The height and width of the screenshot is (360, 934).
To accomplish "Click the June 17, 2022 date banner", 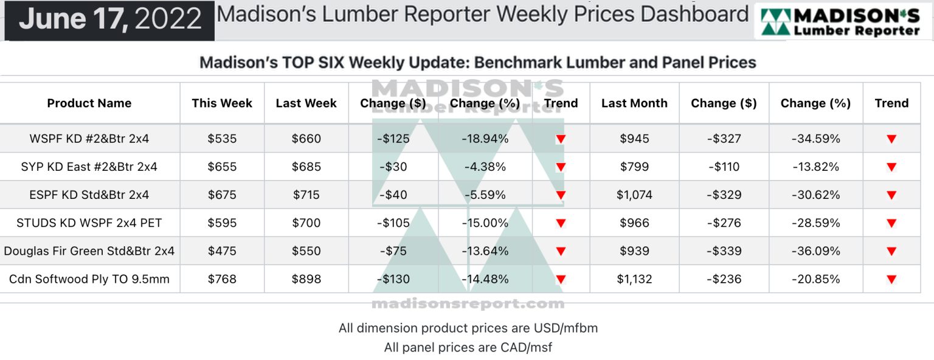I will (x=110, y=19).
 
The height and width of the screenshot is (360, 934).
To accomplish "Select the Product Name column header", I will (x=89, y=103).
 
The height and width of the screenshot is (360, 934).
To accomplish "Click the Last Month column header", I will (x=634, y=103).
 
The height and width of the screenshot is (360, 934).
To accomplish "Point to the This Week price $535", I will (x=222, y=139).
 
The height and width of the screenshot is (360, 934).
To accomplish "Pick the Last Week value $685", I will (x=306, y=167).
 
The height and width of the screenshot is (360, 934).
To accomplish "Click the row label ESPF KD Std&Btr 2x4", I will (x=89, y=195).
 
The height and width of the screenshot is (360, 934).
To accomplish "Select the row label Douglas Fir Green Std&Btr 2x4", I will (x=89, y=251).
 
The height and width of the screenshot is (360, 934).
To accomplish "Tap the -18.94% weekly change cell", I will (x=485, y=139).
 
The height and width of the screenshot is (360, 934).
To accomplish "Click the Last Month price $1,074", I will (x=634, y=195).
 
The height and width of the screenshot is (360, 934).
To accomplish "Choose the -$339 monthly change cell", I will (x=724, y=251).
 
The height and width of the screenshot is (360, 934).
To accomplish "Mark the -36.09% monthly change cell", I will (x=815, y=251).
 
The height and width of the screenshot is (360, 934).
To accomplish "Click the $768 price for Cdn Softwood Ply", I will (x=222, y=280).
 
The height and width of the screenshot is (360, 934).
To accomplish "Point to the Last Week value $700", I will (x=306, y=223).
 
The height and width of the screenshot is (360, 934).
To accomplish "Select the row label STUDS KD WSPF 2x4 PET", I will (x=89, y=223).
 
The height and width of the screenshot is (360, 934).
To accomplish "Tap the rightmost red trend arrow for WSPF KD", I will (x=891, y=139).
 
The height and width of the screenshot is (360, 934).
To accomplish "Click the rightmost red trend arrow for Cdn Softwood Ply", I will (x=891, y=280).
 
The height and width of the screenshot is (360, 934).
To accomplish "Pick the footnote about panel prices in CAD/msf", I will (x=468, y=348).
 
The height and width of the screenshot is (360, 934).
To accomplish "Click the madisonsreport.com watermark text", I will (x=468, y=303).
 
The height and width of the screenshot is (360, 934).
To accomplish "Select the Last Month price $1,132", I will (x=634, y=280).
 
